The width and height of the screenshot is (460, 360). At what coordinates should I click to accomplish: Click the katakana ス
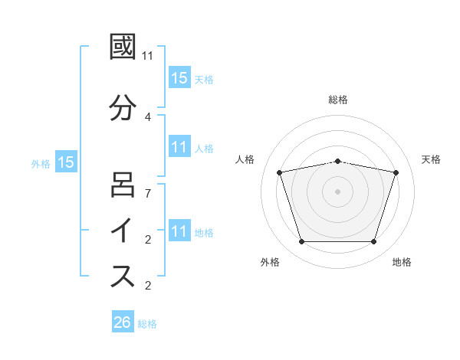pyautogui.click(x=123, y=277)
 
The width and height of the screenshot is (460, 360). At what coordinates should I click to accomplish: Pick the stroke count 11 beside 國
pyautogui.click(x=148, y=56)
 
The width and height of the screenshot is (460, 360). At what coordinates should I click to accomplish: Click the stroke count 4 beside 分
pyautogui.click(x=148, y=116)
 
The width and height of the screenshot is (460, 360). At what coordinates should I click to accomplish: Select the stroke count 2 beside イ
pyautogui.click(x=148, y=239)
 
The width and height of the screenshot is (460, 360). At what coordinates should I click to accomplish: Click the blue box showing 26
pyautogui.click(x=123, y=322)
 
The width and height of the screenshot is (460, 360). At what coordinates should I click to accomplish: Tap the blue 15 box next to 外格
pyautogui.click(x=66, y=162)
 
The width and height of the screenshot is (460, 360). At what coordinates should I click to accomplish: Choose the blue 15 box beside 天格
pyautogui.click(x=179, y=77)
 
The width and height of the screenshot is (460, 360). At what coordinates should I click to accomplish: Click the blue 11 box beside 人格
pyautogui.click(x=179, y=147)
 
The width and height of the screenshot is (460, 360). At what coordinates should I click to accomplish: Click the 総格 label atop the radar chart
pyautogui.click(x=338, y=100)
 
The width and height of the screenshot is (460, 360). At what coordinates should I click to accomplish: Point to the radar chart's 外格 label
pyautogui.click(x=270, y=262)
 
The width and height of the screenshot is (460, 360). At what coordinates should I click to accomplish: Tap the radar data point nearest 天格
pyautogui.click(x=396, y=172)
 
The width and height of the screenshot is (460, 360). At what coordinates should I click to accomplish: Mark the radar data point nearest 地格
pyautogui.click(x=373, y=242)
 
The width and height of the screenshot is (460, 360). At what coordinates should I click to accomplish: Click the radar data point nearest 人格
pyautogui.click(x=280, y=172)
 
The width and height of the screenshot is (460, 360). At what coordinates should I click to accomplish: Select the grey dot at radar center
pyautogui.click(x=338, y=191)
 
